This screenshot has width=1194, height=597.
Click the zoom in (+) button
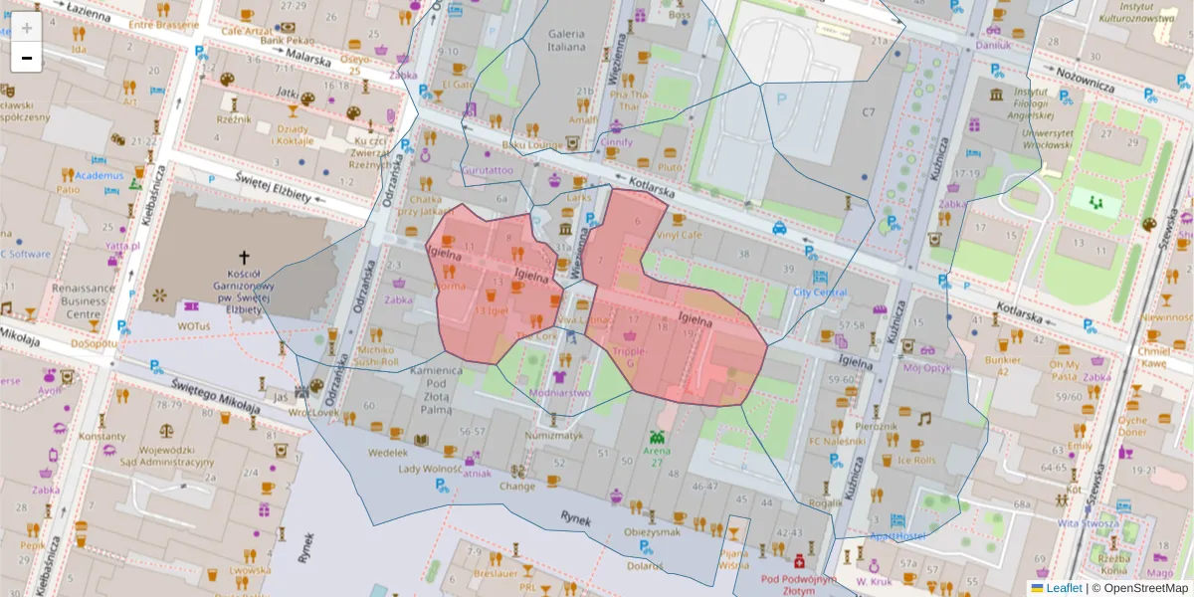27,28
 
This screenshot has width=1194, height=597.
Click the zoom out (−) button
27,58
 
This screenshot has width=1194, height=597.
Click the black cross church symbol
245,256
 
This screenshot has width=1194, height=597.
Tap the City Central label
819,293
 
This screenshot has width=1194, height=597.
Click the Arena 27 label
657,456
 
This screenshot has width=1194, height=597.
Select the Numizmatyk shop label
553,435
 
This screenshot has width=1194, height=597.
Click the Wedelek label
388,452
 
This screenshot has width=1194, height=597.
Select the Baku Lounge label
532,145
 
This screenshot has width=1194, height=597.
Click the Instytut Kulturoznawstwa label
1135,12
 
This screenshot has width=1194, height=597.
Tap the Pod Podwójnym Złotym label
798,584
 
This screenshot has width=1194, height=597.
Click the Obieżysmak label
651,530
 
